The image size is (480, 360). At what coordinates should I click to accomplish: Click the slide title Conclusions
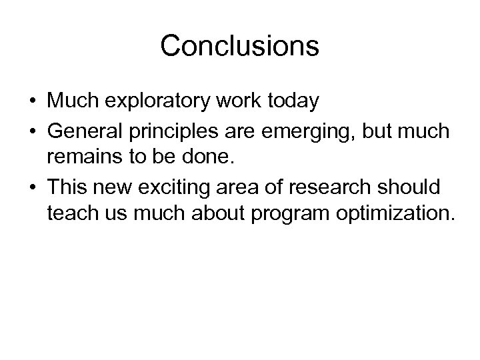click(240, 46)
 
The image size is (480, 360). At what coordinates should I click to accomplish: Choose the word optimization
click(391, 215)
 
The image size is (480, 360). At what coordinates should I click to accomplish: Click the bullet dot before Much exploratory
click(33, 103)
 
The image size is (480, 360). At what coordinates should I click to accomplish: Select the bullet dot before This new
click(33, 191)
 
